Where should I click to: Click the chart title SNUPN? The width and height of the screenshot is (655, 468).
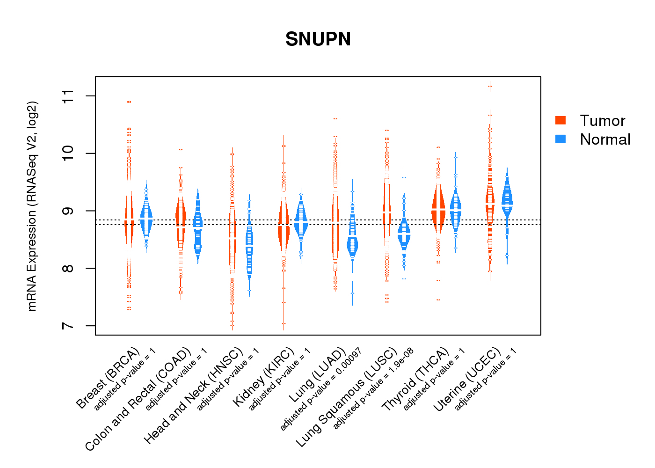[x=318, y=39]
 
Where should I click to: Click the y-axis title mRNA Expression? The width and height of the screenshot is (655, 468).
[x=32, y=206]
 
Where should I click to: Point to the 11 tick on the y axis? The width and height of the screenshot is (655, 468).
[x=68, y=96]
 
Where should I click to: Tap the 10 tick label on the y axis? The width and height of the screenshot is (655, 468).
[x=68, y=154]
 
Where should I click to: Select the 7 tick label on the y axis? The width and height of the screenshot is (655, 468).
[x=68, y=326]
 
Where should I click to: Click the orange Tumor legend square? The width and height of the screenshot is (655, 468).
[x=560, y=120]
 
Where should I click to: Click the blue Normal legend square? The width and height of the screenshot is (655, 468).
[x=560, y=139]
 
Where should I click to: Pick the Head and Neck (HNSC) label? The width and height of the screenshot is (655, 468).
[x=194, y=395]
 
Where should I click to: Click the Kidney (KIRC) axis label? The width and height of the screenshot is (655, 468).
[x=264, y=377]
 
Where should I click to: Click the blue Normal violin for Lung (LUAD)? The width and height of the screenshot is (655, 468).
[x=352, y=243]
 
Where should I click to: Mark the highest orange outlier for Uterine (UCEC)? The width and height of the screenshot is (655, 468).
[x=490, y=86]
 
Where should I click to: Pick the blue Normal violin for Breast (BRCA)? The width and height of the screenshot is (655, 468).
[x=146, y=220]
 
